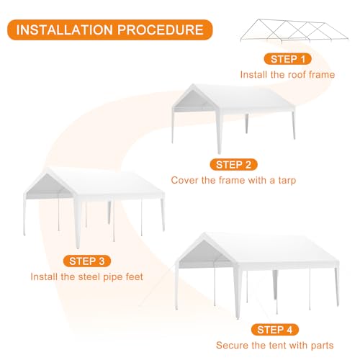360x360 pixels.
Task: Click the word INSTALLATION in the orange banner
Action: [x=65, y=30]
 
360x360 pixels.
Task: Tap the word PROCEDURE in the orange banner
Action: [x=161, y=30]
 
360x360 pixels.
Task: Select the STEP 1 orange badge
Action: [x=287, y=59]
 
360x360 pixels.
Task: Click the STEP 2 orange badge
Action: [x=233, y=165]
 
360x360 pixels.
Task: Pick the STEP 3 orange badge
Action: [x=87, y=261]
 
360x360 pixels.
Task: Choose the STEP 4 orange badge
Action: [x=275, y=330]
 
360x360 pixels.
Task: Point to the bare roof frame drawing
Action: [x=294, y=31]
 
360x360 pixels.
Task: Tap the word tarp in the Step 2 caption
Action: [x=287, y=181]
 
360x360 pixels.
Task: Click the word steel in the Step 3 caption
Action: [x=89, y=276]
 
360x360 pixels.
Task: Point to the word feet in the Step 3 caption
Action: [x=134, y=276]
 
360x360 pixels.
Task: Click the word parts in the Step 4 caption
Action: [x=322, y=346]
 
